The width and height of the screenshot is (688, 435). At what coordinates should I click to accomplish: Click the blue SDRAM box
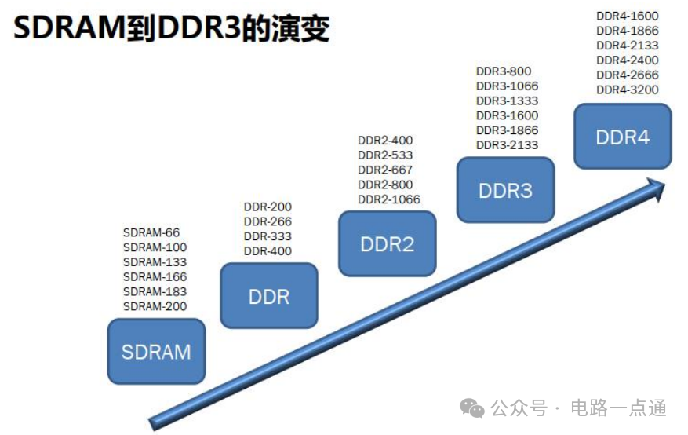[156, 351]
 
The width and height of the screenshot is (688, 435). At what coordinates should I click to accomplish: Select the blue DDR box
[269, 295]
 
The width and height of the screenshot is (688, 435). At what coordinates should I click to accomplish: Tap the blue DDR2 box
[388, 243]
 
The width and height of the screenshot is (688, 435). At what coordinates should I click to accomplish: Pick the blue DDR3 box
[505, 190]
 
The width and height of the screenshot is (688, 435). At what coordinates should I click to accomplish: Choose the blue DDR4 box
[623, 137]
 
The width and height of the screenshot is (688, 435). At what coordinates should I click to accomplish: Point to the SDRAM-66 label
[151, 232]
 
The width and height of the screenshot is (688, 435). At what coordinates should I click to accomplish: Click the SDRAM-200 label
[155, 306]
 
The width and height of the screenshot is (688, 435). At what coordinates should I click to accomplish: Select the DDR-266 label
[268, 221]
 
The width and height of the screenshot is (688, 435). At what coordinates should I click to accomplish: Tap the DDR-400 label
[268, 251]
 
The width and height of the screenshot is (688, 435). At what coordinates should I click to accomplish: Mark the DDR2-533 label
[385, 155]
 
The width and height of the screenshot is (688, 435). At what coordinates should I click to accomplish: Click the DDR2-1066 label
[389, 199]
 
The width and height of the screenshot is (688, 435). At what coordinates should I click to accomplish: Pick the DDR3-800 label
[504, 71]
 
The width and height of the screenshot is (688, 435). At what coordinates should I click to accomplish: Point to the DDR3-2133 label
[508, 144]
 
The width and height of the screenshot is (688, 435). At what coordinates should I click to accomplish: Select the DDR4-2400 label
[628, 60]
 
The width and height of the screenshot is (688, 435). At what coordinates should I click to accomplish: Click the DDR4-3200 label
[628, 90]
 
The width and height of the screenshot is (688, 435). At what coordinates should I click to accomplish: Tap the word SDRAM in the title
[70, 28]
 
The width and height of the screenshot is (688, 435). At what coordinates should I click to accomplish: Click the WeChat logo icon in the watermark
[472, 408]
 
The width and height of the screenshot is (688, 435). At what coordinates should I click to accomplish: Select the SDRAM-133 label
[155, 262]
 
